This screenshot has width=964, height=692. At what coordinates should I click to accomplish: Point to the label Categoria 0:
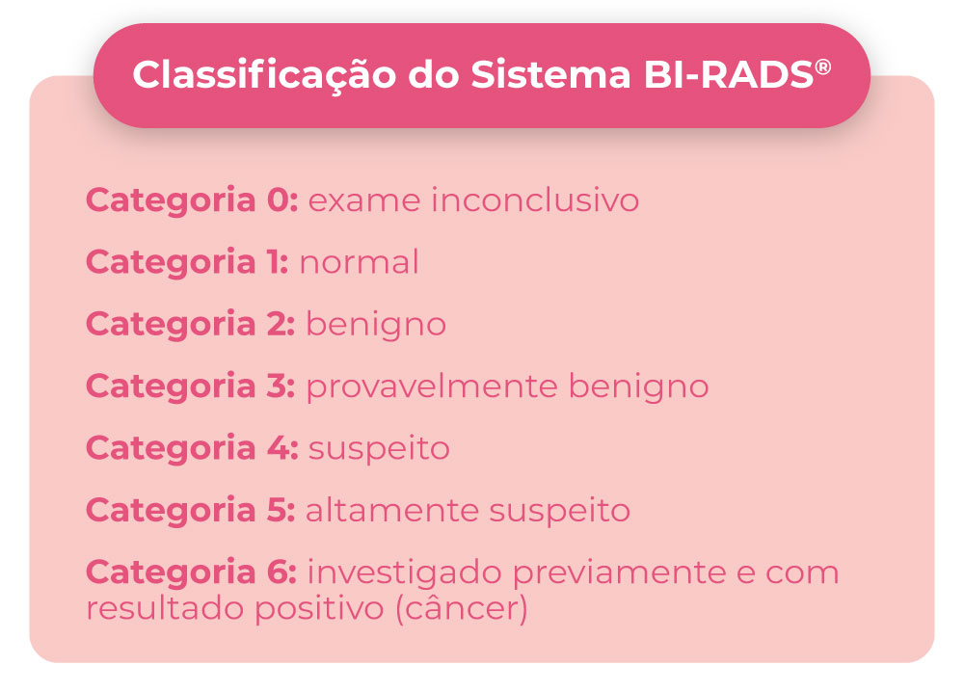(192, 200)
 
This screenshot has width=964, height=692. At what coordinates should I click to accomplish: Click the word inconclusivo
(535, 200)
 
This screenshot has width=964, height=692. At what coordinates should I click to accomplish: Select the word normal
(359, 262)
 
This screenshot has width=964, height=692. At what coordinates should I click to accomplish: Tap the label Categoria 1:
(187, 262)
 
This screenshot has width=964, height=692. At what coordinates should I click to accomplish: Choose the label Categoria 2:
(190, 324)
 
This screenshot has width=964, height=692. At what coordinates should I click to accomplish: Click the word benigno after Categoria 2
(376, 324)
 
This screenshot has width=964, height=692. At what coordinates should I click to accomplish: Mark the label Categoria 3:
(190, 386)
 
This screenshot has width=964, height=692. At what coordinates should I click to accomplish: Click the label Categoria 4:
(192, 448)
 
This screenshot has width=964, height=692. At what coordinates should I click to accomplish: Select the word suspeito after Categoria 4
(379, 449)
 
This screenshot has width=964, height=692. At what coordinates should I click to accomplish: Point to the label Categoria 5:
(190, 510)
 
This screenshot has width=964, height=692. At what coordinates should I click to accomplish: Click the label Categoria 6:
(191, 572)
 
